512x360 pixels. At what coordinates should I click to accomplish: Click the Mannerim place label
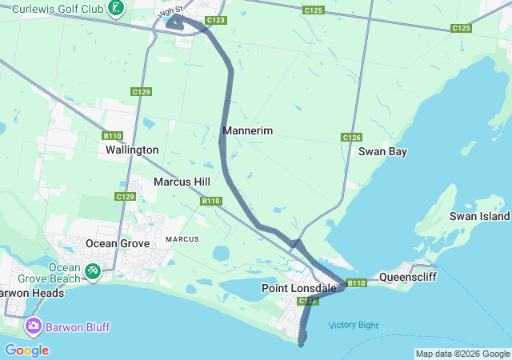(x=248, y=130)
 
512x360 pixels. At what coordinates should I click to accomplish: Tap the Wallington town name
(x=132, y=150)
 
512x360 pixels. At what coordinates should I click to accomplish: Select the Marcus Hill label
(x=182, y=182)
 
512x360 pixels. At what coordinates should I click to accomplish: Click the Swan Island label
(x=479, y=216)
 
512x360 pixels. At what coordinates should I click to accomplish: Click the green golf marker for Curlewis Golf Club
(x=117, y=8)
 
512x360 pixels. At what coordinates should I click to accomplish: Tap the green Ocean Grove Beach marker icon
(x=93, y=273)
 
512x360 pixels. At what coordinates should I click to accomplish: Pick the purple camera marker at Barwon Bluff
(x=34, y=326)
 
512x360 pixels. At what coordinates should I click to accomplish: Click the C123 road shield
(x=215, y=20)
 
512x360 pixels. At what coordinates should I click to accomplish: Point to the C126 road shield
(x=352, y=138)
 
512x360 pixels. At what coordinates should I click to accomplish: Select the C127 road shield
(x=308, y=302)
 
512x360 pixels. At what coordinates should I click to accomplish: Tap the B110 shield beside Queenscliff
(x=357, y=282)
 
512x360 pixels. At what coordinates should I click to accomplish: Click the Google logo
(x=26, y=350)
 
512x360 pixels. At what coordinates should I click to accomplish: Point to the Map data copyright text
(x=462, y=354)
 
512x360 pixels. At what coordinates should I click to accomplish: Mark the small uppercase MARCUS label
(x=182, y=239)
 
